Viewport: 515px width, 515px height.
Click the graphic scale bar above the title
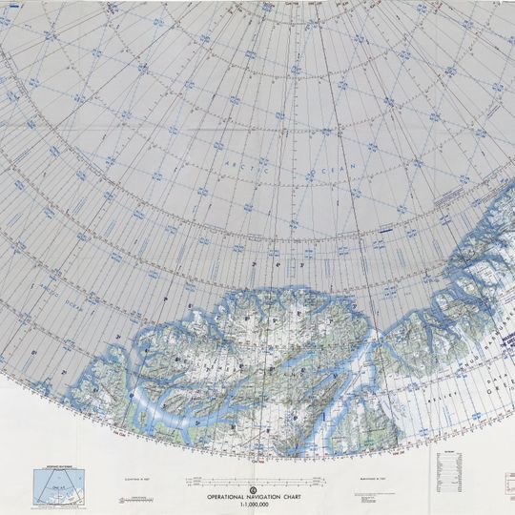(256, 478)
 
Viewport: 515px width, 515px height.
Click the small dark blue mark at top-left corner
(8, 8)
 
